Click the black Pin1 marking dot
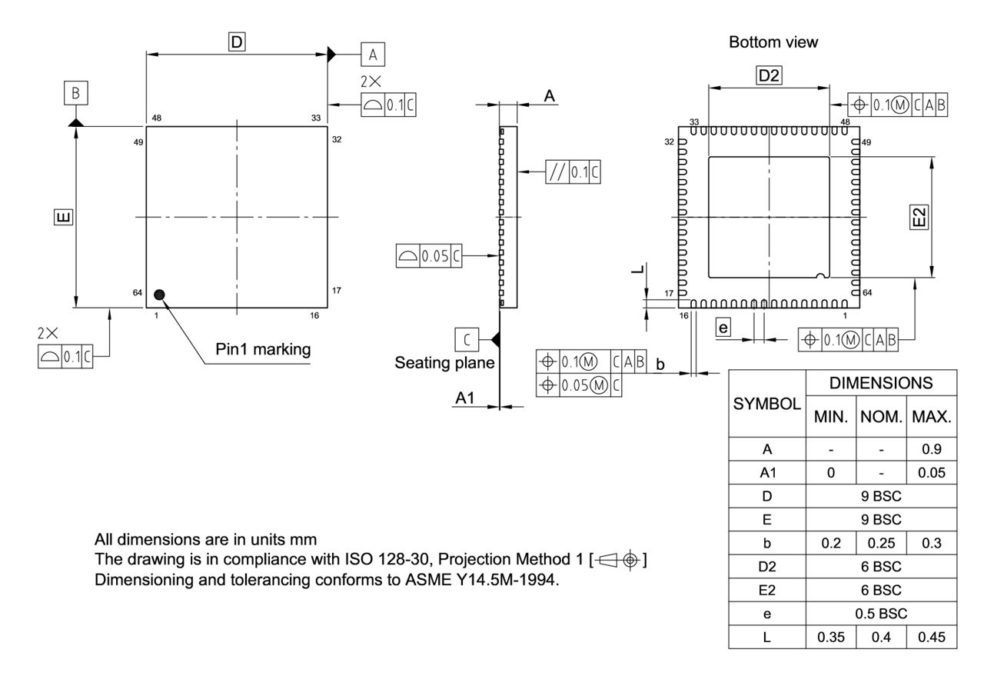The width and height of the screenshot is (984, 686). click(x=159, y=294)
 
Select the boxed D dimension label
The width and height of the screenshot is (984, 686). click(x=237, y=42)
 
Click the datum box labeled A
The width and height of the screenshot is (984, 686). click(x=373, y=55)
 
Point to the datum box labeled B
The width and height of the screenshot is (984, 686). click(x=75, y=93)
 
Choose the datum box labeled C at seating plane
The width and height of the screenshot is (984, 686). click(x=467, y=338)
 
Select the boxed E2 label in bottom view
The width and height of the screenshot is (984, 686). click(x=919, y=218)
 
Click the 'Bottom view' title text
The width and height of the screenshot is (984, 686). click(x=773, y=43)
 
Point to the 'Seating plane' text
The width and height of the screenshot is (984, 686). click(x=444, y=362)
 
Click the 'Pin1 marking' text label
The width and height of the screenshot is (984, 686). click(x=263, y=349)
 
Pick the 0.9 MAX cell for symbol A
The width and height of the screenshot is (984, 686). click(x=932, y=449)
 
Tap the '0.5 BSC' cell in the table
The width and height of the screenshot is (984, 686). click(x=881, y=614)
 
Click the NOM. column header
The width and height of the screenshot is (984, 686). click(x=881, y=418)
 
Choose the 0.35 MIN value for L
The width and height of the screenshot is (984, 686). click(x=830, y=638)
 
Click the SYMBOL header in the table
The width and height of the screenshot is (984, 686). click(x=766, y=404)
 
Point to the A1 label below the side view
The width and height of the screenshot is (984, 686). click(x=465, y=398)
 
